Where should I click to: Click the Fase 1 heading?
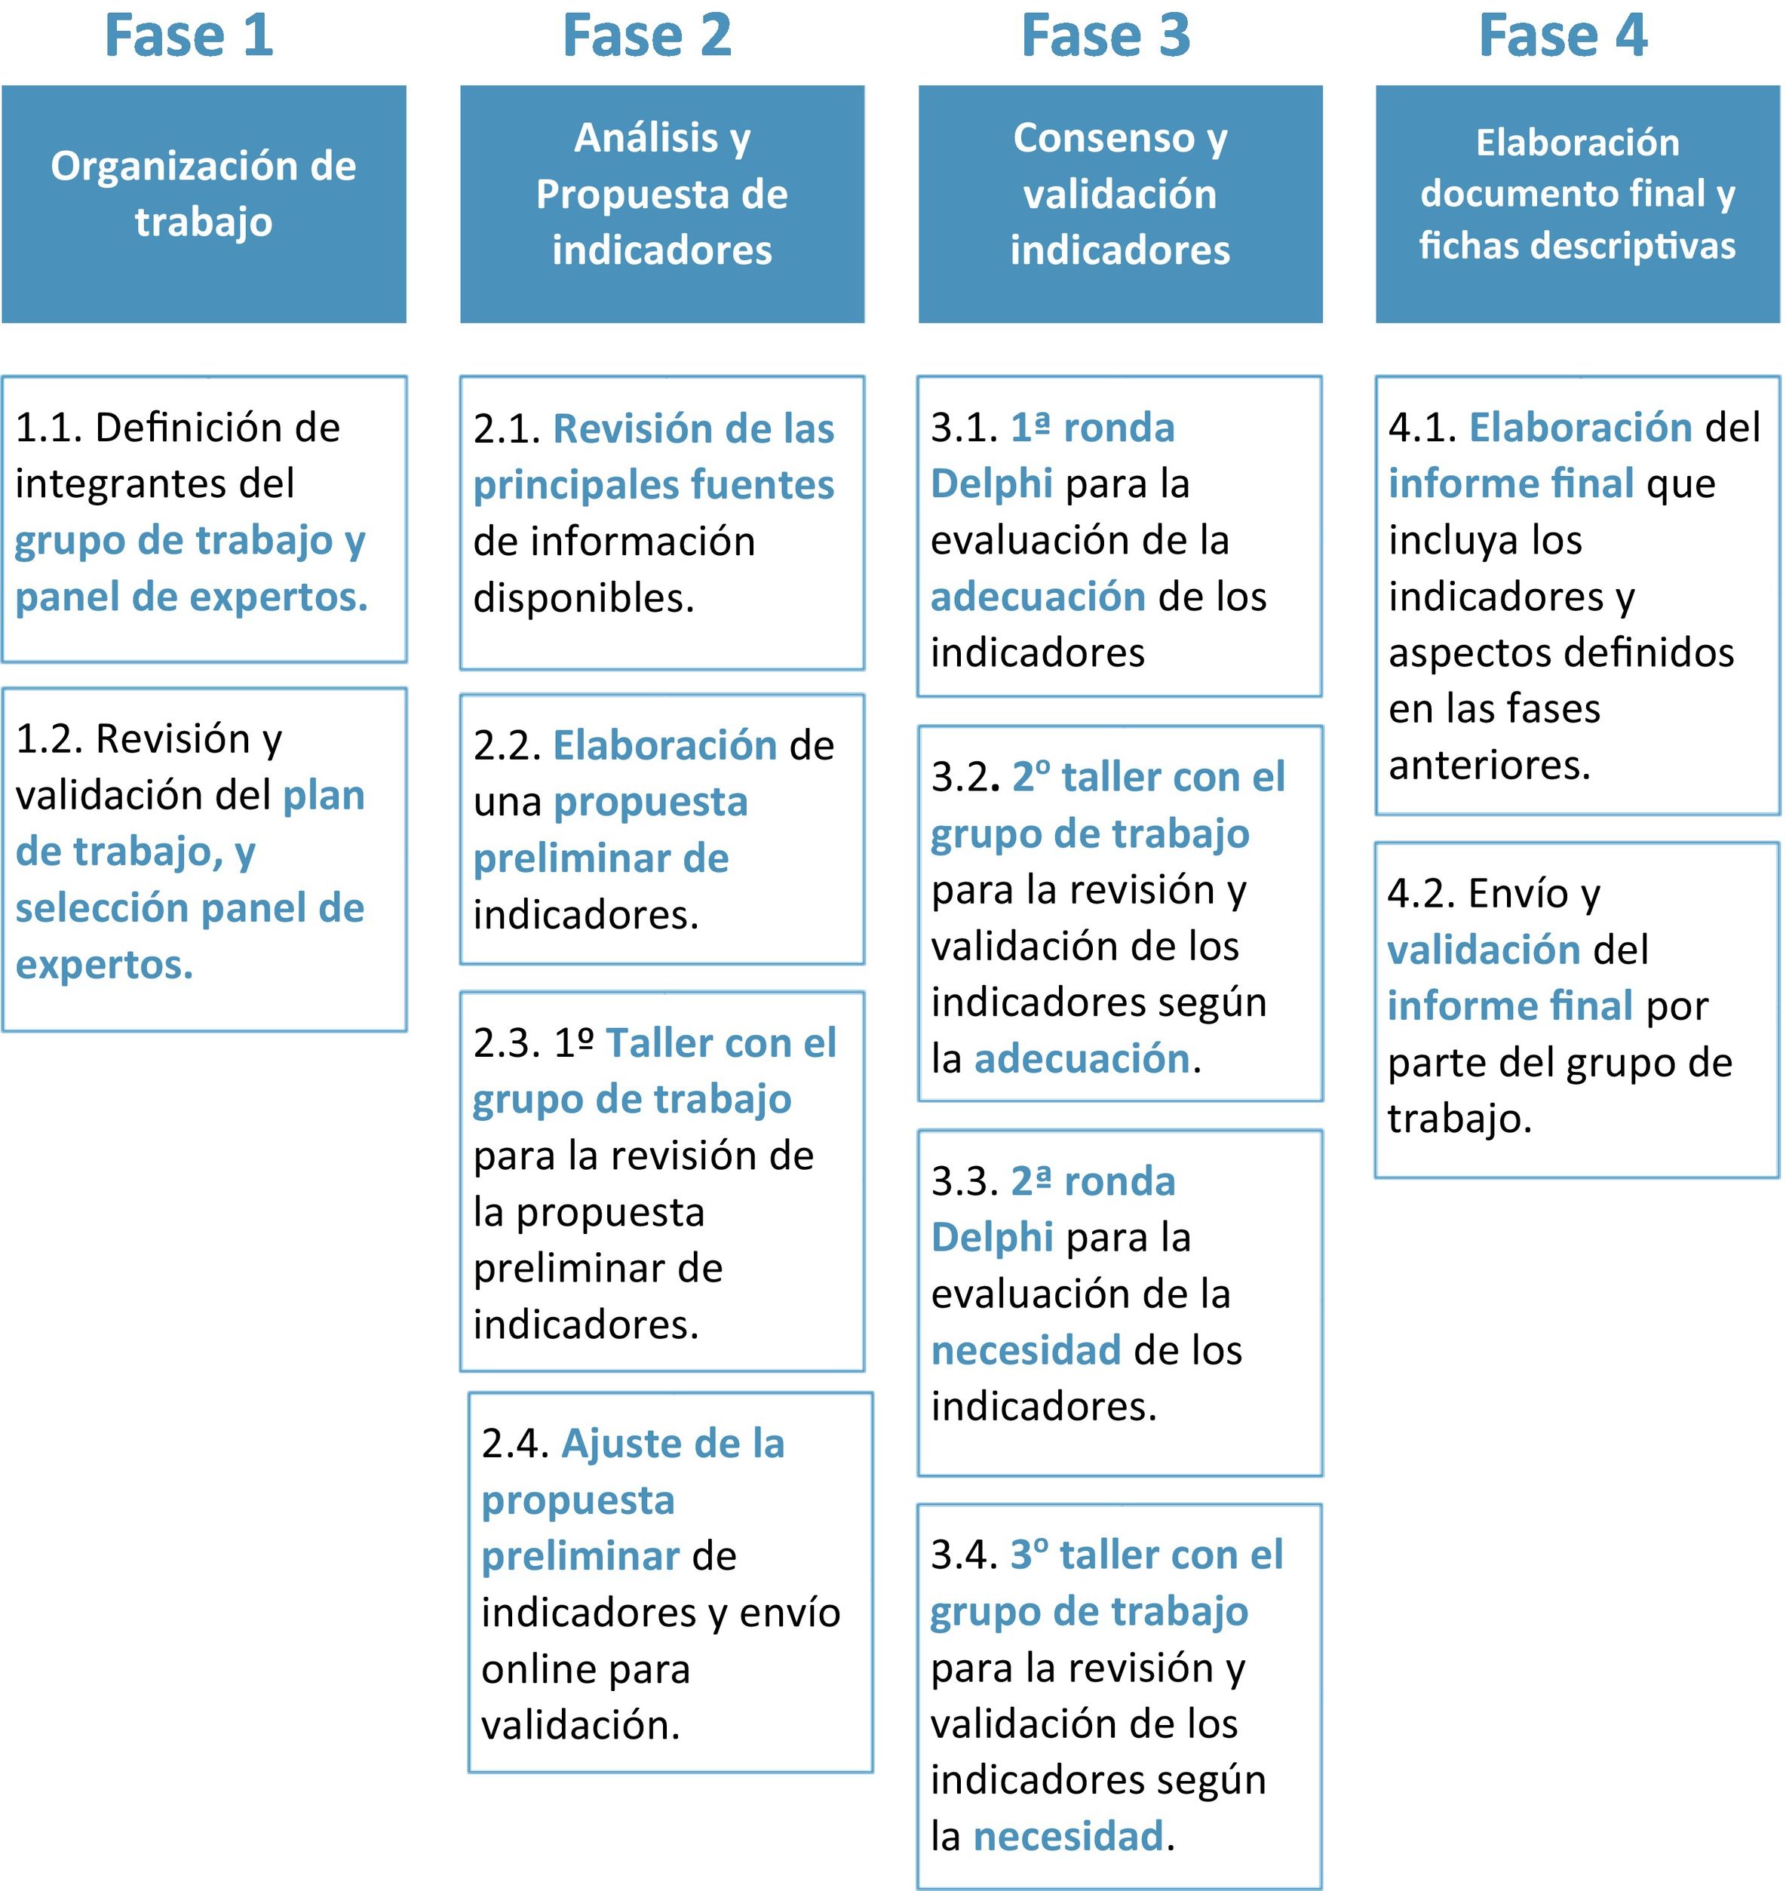click(189, 36)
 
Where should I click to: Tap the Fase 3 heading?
click(1105, 36)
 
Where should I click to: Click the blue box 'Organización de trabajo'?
click(204, 204)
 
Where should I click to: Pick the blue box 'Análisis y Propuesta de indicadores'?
click(661, 204)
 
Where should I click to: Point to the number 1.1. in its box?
click(48, 428)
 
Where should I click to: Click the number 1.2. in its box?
click(48, 739)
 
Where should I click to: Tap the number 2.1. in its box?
click(507, 429)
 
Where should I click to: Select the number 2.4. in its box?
click(515, 1444)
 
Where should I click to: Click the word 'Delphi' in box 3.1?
click(991, 483)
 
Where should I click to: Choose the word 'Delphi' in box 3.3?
click(992, 1237)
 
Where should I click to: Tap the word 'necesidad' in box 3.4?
click(1068, 1836)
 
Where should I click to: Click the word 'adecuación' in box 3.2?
click(1082, 1059)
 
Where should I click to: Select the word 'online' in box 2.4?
click(538, 1669)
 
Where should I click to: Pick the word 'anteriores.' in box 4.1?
click(1489, 765)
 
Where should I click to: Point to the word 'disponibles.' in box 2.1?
click(584, 598)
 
